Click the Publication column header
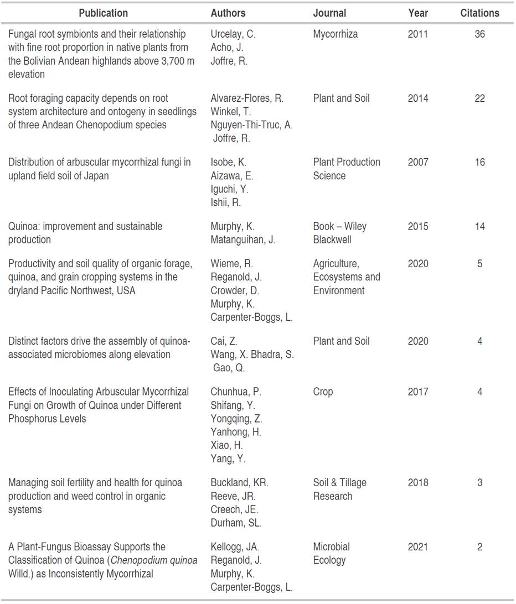103,13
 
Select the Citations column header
479,13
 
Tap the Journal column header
329,13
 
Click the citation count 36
479,34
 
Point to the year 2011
418,34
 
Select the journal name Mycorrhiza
336,34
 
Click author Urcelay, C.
233,34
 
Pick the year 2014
418,98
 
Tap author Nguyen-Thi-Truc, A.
252,125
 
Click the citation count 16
479,163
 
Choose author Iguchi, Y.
230,189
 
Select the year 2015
418,227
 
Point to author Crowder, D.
235,291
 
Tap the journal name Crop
323,392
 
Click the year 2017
418,392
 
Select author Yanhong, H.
236,432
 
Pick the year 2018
418,483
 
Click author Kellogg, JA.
235,547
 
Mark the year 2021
418,547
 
